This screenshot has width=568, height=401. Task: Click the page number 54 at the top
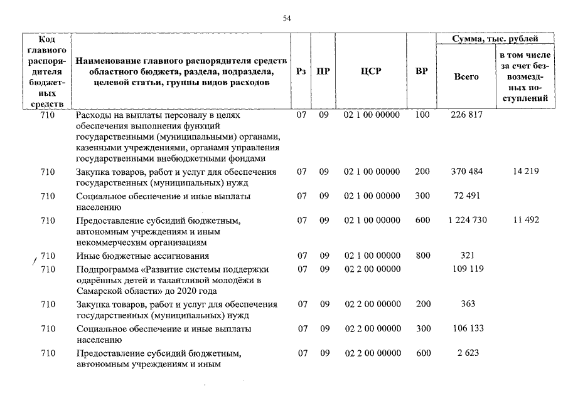[x=287, y=19]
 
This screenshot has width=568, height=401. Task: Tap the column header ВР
[x=422, y=71]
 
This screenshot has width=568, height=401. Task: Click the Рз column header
[x=301, y=71]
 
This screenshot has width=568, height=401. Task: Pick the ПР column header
[x=323, y=71]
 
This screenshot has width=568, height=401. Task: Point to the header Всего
[x=466, y=76]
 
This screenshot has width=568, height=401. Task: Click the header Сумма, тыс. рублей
[x=495, y=39]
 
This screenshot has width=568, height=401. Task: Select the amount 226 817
[x=465, y=115]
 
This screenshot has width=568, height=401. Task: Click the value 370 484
[x=465, y=172]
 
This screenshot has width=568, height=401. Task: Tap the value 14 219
[x=526, y=172]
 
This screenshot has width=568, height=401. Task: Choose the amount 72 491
[x=465, y=196]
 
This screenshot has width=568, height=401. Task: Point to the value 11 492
[x=526, y=220]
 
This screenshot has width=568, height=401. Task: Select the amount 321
[x=465, y=256]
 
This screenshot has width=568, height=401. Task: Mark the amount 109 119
[x=465, y=269]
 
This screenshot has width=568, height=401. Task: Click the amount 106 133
[x=465, y=328]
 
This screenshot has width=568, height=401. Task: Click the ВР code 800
[x=423, y=256]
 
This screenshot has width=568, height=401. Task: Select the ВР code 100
[x=423, y=115]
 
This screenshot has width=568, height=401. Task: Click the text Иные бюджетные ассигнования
[x=142, y=256]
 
